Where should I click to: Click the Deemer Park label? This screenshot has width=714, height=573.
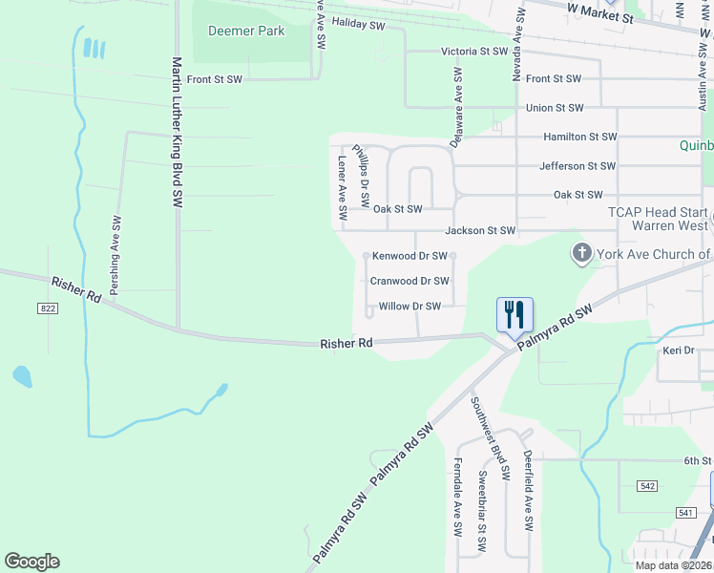tap(246, 31)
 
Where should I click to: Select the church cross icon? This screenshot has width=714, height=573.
tap(581, 253)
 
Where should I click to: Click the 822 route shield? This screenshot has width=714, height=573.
tap(48, 308)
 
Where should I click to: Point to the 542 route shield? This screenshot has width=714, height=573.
tap(648, 486)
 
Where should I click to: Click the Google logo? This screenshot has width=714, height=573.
tap(31, 562)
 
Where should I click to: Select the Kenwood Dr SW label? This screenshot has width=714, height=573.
tap(409, 256)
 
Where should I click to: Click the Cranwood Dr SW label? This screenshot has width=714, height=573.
tap(409, 281)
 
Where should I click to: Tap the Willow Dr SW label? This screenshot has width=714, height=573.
tap(409, 307)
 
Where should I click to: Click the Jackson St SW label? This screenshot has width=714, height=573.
tap(480, 231)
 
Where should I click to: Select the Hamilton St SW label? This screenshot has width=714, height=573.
tap(579, 138)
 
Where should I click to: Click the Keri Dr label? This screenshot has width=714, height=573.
tap(678, 350)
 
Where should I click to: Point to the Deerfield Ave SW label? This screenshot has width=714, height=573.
tap(527, 493)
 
